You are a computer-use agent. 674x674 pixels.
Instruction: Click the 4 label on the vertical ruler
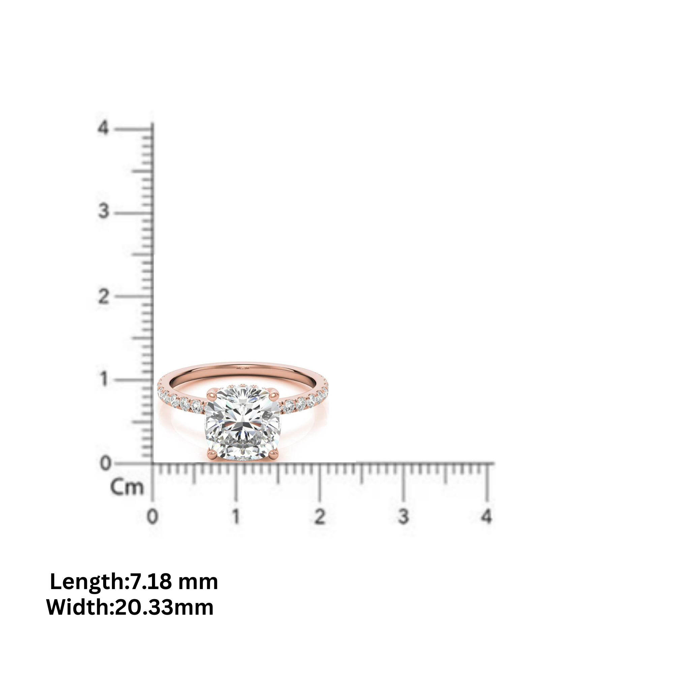click(x=103, y=128)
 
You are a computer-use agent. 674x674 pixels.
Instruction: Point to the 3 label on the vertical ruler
click(x=103, y=211)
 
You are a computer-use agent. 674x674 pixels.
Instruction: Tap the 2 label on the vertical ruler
click(x=103, y=297)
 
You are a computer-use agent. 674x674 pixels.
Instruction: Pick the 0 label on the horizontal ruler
click(x=152, y=516)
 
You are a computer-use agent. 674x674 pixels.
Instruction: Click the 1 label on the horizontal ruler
click(x=237, y=516)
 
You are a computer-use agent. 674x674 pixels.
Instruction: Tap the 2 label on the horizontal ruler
click(x=319, y=516)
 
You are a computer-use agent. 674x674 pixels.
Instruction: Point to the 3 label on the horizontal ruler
click(x=403, y=516)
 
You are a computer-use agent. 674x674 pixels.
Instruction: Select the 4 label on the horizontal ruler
click(x=487, y=516)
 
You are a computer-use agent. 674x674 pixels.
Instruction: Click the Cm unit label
click(x=127, y=487)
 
